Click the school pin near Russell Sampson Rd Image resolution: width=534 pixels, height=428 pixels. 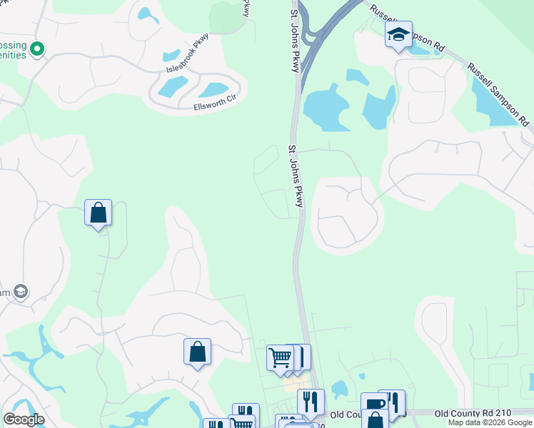click(398, 34)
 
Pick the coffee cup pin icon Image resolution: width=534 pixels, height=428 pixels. click(373, 404)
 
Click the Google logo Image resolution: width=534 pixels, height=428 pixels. click(24, 419)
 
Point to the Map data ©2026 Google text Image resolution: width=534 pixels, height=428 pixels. click(489, 422)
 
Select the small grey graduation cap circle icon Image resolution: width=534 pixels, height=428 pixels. click(21, 291)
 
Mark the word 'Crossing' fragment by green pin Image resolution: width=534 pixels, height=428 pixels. click(13, 45)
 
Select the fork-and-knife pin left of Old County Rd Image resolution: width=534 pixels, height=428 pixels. click(311, 402)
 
